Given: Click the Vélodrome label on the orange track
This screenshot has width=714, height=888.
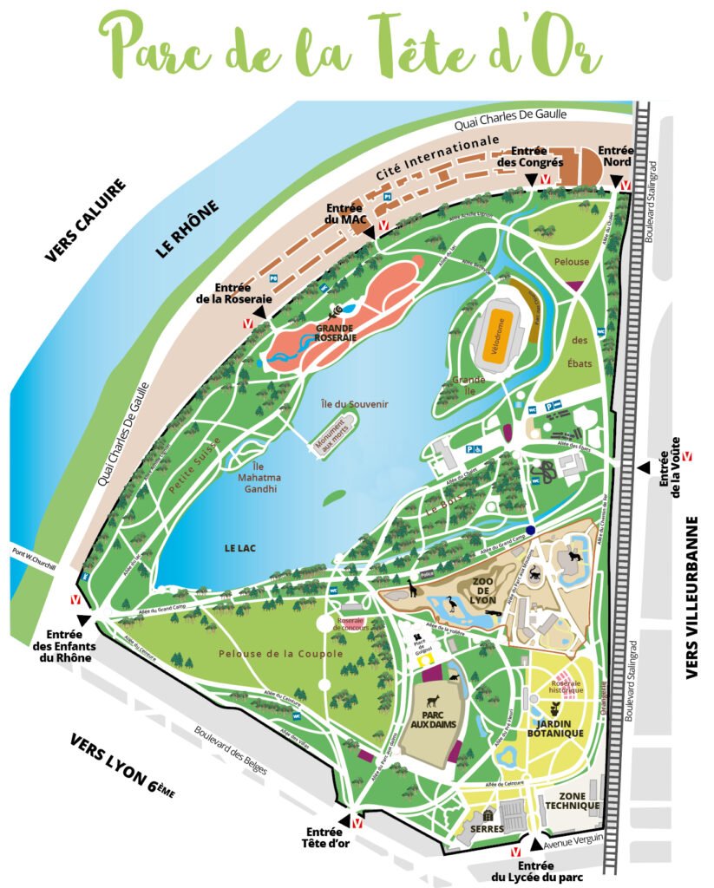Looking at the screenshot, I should tap(495, 337).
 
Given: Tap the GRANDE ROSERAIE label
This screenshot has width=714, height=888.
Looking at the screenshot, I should tap(335, 335).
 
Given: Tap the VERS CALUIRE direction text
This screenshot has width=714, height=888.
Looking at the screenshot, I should tap(86, 220).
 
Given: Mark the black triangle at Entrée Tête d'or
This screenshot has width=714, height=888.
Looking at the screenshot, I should tap(345, 819).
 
